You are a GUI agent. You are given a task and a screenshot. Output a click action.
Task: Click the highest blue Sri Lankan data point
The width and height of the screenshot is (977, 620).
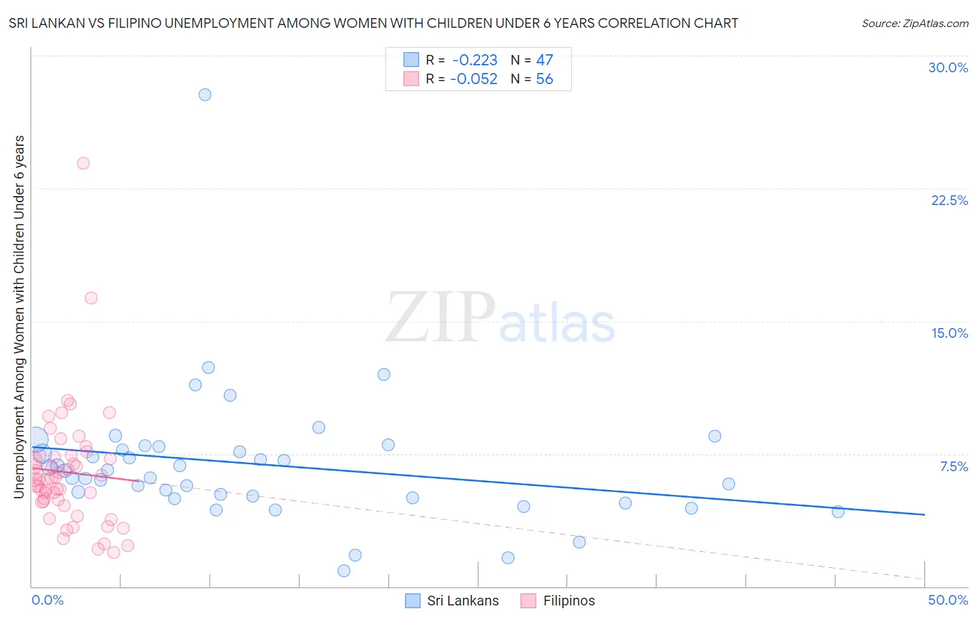click(x=204, y=95)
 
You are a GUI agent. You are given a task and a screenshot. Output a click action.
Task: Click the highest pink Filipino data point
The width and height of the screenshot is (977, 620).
click(x=83, y=163)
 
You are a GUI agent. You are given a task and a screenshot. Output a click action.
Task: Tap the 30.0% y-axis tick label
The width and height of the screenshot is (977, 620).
click(x=948, y=67)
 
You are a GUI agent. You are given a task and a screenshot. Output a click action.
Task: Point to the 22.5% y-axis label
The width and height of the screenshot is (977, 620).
click(x=949, y=200)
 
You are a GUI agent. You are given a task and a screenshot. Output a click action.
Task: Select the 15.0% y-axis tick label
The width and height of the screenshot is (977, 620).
click(x=949, y=333)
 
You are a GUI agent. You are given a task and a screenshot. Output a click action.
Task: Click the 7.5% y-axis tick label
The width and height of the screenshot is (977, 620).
click(x=953, y=466)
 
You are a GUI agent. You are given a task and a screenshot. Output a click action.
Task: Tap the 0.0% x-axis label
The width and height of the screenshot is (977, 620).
click(x=47, y=600)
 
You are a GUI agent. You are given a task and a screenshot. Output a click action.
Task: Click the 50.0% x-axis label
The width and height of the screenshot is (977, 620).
click(x=948, y=600)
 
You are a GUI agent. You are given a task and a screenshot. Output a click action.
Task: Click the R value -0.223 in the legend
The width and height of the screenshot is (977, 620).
click(x=475, y=60)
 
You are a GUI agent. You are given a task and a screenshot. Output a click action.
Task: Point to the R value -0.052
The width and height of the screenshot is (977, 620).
click(x=474, y=79)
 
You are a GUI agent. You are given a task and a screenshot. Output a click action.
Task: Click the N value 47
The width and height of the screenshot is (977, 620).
click(x=544, y=60)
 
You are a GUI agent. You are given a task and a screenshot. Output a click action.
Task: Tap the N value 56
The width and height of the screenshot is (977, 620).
click(x=544, y=79)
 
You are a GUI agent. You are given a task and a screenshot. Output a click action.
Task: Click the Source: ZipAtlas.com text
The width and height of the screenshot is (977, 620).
click(x=914, y=24)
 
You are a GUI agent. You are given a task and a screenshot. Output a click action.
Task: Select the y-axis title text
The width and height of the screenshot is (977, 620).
click(x=19, y=316)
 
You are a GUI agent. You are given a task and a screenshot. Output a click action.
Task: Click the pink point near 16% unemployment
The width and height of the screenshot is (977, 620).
click(x=91, y=298)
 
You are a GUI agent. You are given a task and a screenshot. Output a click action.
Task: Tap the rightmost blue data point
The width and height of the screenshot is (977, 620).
click(x=838, y=512)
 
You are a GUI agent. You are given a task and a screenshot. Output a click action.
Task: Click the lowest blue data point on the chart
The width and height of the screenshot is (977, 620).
click(x=344, y=571)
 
